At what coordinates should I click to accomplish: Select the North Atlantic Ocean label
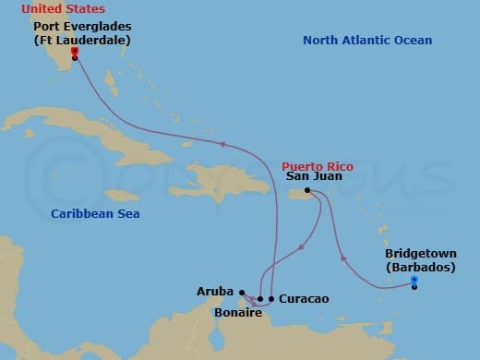367,41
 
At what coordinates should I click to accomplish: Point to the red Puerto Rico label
317,166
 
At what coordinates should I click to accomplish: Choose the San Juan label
314,176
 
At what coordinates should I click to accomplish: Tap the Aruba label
214,291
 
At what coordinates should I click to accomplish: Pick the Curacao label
303,299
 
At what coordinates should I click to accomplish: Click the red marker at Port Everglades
74,53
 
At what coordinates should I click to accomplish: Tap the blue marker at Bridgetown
414,280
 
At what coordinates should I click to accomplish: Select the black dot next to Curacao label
271,299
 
